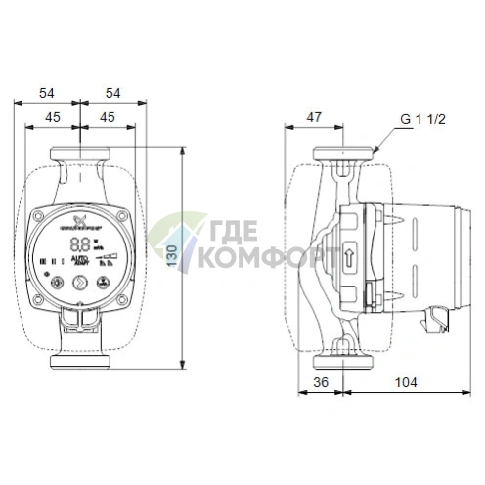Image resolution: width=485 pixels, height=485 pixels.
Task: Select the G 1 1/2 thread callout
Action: (423, 122)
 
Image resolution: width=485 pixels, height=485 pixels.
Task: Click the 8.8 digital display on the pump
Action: (82, 244)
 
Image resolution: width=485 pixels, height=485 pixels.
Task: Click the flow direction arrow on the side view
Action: (350, 259)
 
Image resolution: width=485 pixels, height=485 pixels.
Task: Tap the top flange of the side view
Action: (344, 154)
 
